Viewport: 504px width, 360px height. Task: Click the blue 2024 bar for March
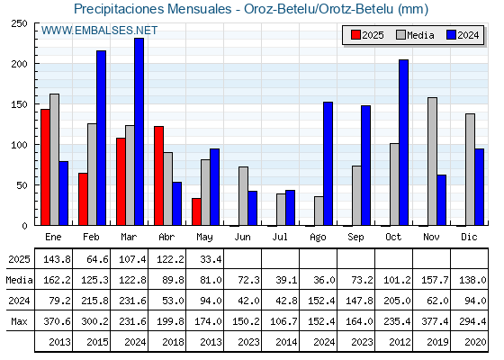tap(139, 131)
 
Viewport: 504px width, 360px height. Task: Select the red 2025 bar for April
tap(158, 175)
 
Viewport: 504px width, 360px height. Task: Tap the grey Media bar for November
tap(432, 161)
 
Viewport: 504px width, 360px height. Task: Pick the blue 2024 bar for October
tap(404, 142)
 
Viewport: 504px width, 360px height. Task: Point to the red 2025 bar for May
tap(196, 211)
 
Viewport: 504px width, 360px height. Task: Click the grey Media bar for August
tap(319, 211)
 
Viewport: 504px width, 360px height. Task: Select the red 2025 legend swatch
tap(355, 35)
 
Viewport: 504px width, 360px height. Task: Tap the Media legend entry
tap(415, 35)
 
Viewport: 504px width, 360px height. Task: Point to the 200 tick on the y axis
tap(36, 64)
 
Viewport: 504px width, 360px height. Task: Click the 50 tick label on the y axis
tap(20, 185)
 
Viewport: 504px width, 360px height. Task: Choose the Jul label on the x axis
tap(280, 237)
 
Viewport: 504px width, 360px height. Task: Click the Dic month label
tap(469, 237)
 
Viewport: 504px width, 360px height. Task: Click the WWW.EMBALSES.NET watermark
tap(99, 31)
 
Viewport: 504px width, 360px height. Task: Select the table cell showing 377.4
tap(435, 321)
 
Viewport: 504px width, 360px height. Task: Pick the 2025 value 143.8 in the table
tap(57, 259)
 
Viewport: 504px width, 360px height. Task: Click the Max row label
tap(19, 321)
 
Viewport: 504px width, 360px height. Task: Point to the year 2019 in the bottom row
tap(437, 342)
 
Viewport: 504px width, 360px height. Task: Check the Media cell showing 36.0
tap(324, 280)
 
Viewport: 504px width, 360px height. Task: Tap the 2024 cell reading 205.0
tap(397, 301)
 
